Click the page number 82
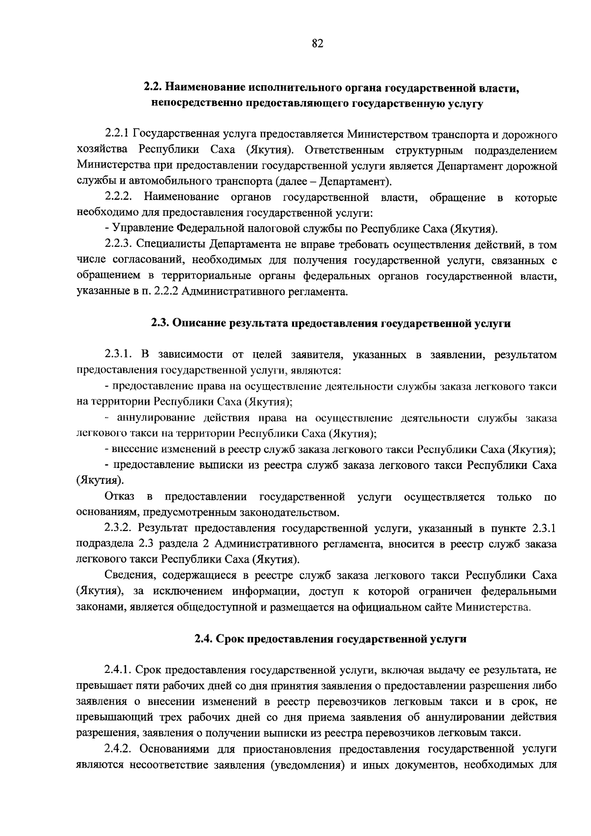(x=317, y=44)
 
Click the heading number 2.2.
(x=152, y=88)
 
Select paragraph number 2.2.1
(x=117, y=134)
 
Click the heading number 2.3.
(x=160, y=324)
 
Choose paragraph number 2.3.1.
(x=119, y=355)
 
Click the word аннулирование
(x=151, y=418)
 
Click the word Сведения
(x=129, y=576)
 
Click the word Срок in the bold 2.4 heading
(x=230, y=639)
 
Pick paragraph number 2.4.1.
(x=119, y=670)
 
